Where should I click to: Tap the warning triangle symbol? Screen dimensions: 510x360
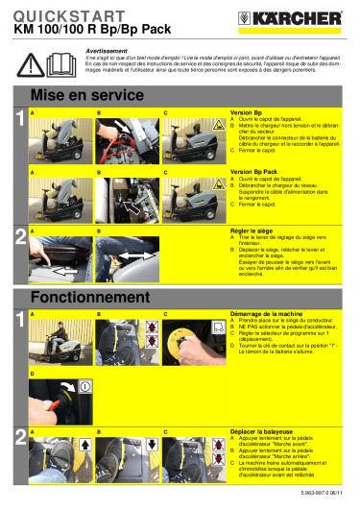33,62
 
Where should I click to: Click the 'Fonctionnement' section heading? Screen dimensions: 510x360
86,297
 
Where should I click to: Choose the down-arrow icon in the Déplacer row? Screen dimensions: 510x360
150,447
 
